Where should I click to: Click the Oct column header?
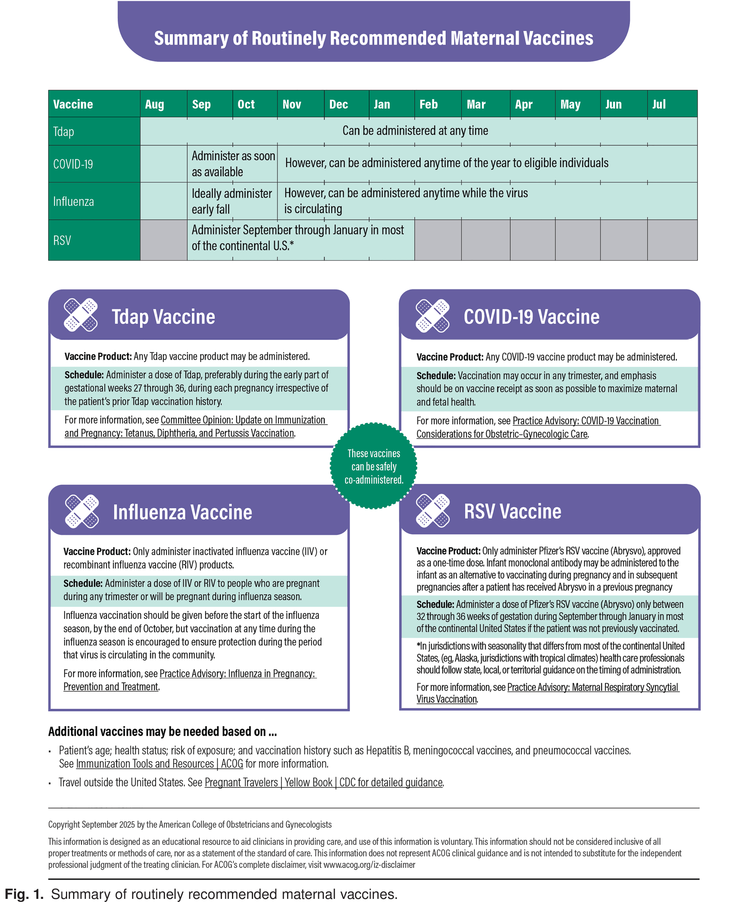[x=246, y=104]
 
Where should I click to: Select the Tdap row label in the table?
[x=63, y=132]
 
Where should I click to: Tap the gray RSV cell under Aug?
[x=163, y=240]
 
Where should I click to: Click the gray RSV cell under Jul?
[x=672, y=240]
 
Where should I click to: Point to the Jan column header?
[x=381, y=104]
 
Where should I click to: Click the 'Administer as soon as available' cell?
[x=233, y=164]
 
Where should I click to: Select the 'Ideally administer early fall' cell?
[x=232, y=201]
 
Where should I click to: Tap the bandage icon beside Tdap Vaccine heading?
[x=81, y=315]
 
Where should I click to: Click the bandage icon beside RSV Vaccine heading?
[x=432, y=510]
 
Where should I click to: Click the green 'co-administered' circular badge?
[x=373, y=466]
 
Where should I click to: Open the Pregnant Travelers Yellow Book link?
[x=323, y=783]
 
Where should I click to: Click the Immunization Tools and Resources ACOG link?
[x=159, y=764]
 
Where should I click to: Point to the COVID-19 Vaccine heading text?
[x=531, y=317]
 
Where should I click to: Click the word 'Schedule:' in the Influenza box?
[x=82, y=583]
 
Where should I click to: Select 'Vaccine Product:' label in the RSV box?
[x=448, y=551]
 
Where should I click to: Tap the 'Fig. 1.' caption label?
[x=24, y=894]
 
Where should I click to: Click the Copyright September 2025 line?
[x=190, y=824]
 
